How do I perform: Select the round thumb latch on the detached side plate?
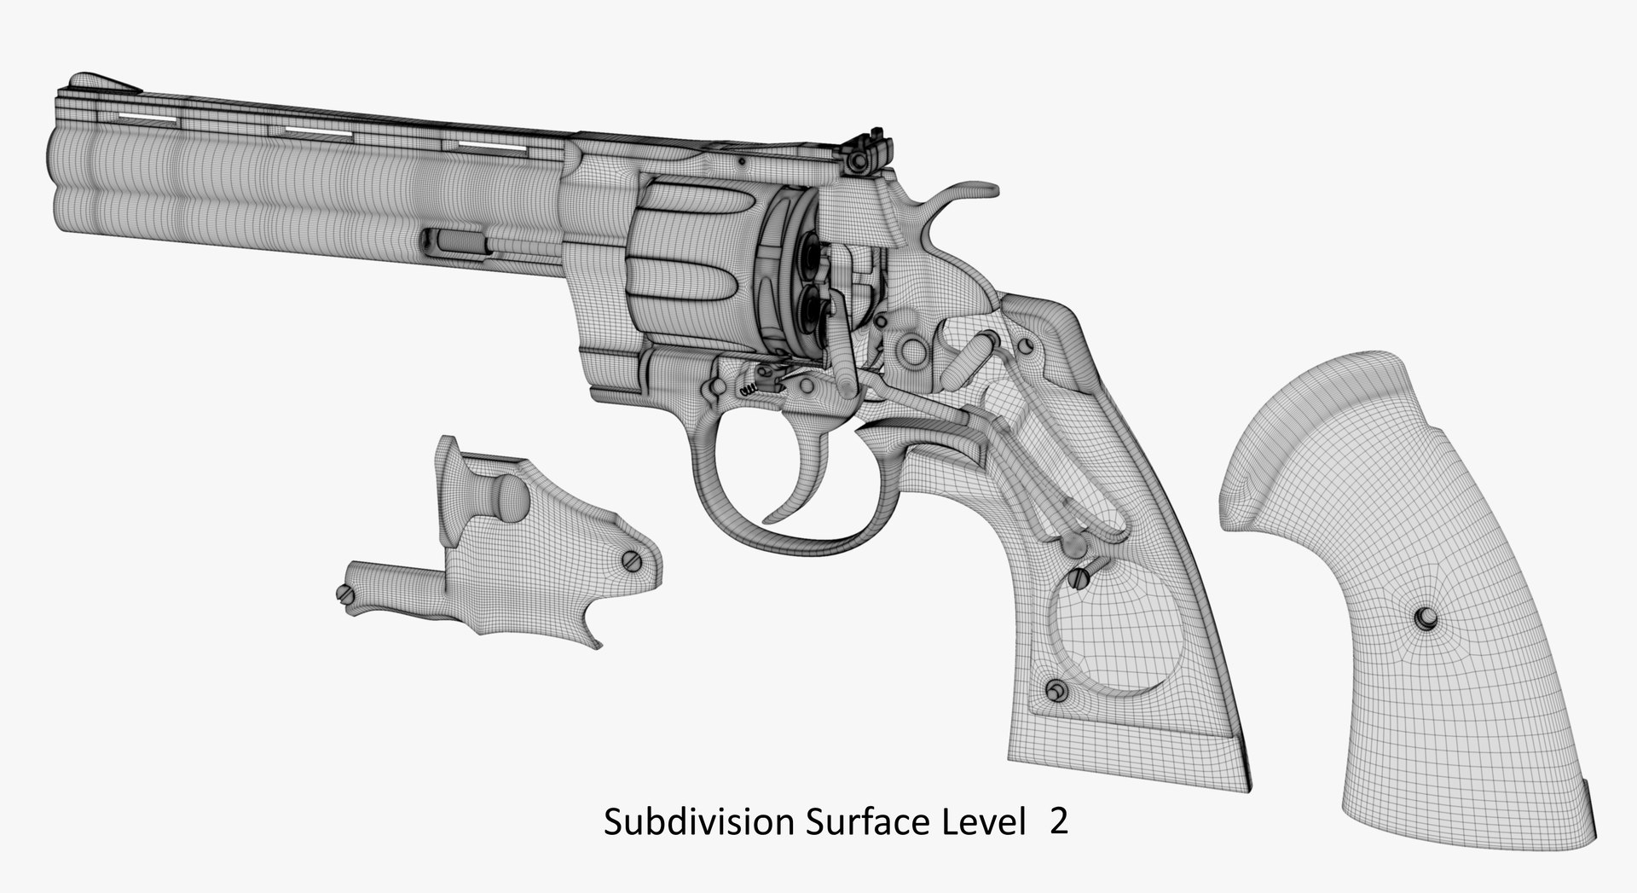click(x=509, y=499)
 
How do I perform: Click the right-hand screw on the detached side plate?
click(x=630, y=560)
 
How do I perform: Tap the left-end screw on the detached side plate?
click(x=345, y=594)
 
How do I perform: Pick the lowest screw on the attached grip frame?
click(x=1056, y=690)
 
